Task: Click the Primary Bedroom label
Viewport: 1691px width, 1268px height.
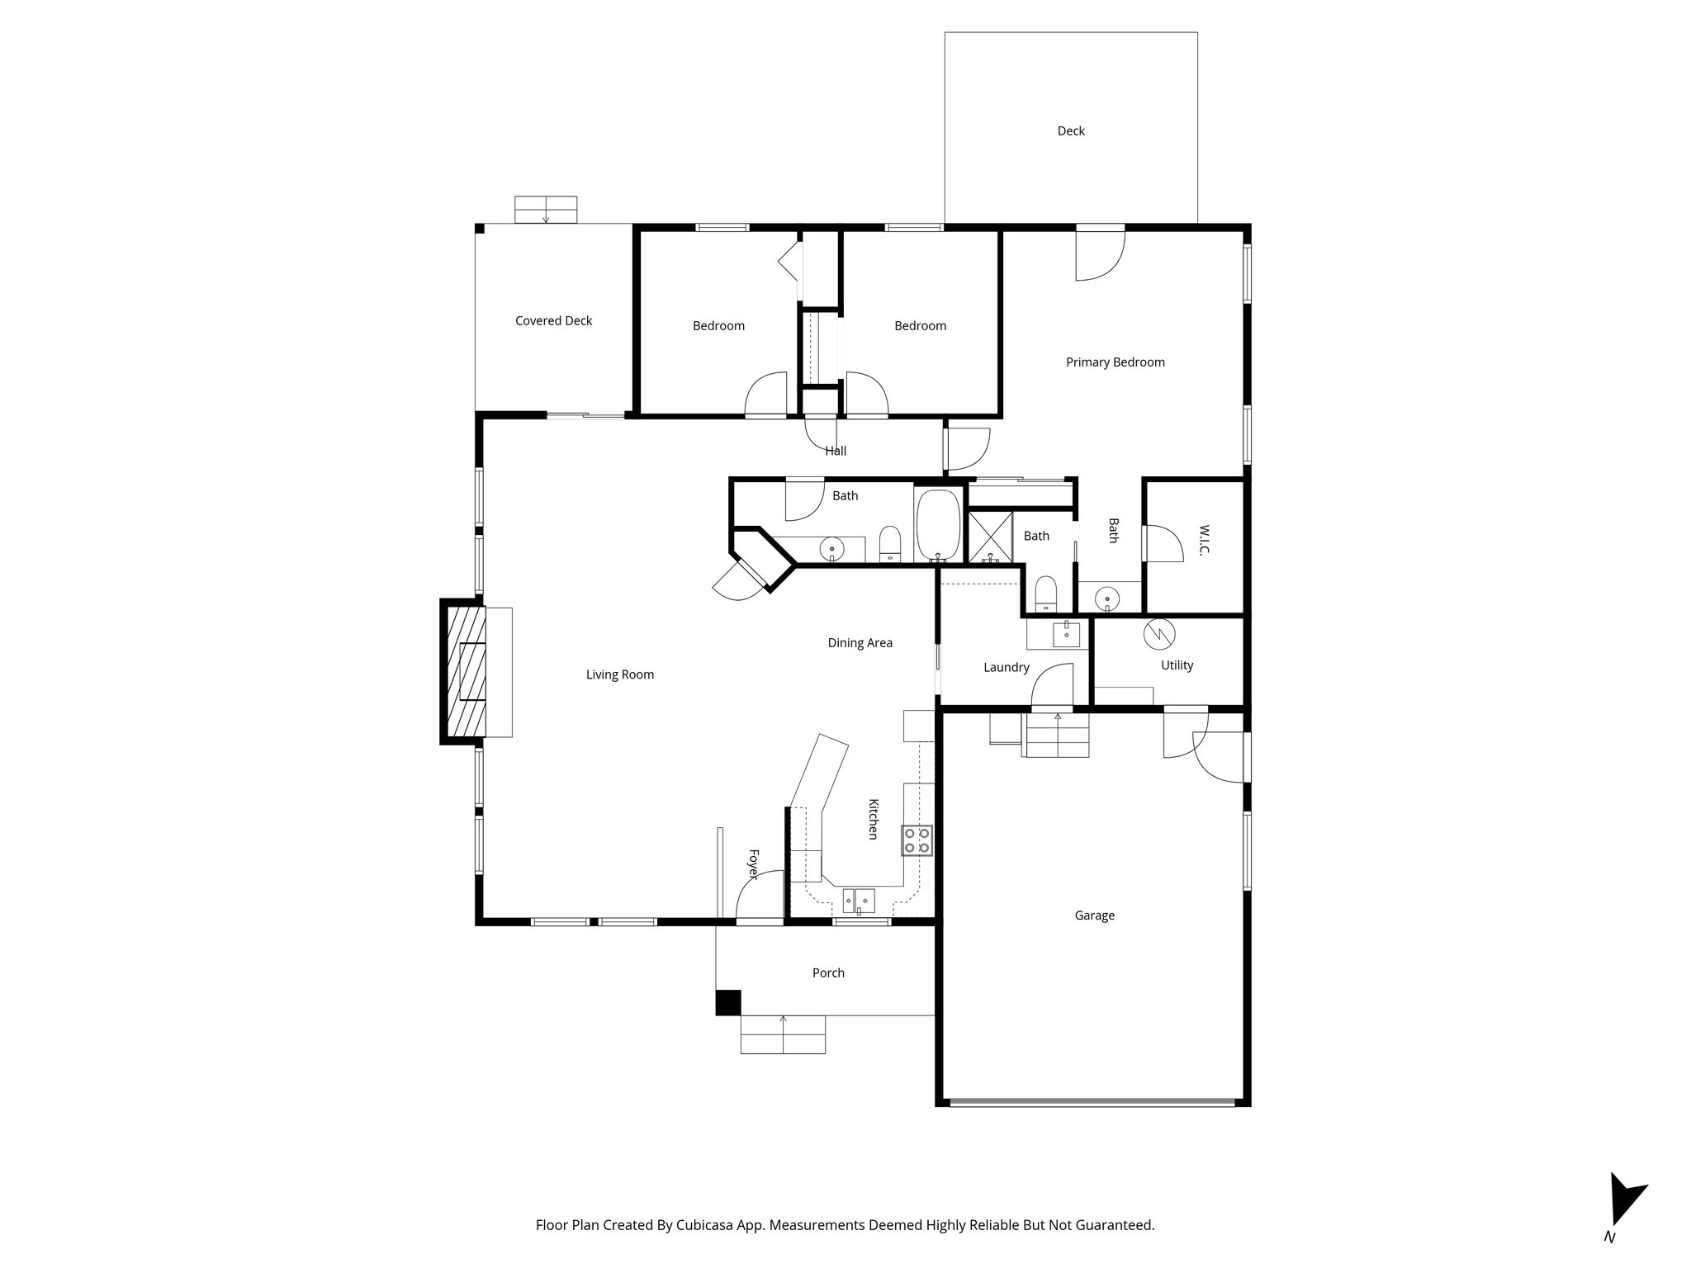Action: click(1115, 362)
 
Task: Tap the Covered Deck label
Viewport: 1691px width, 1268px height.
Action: click(553, 320)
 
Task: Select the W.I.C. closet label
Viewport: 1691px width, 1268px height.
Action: click(1202, 539)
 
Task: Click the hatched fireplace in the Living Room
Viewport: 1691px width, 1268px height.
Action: click(466, 672)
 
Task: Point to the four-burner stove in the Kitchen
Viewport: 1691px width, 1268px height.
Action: click(917, 840)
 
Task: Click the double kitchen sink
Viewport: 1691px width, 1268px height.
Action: click(859, 897)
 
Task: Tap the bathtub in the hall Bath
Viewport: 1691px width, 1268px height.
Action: click(938, 525)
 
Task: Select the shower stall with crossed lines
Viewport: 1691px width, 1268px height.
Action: click(989, 536)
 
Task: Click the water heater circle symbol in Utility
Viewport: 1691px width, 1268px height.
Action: click(1158, 634)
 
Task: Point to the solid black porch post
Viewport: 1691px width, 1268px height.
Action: click(727, 1002)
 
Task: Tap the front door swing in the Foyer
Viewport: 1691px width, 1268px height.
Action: click(758, 896)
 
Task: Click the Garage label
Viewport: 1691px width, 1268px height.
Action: click(1094, 915)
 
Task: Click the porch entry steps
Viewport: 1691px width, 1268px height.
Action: click(783, 1034)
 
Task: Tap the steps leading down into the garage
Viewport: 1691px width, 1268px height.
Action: click(1058, 735)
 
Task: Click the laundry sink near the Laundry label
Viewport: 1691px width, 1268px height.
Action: click(1065, 634)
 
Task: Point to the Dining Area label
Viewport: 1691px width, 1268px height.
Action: click(860, 642)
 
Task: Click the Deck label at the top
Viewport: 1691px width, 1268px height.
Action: click(1071, 130)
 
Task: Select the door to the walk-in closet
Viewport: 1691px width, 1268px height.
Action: click(1163, 543)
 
